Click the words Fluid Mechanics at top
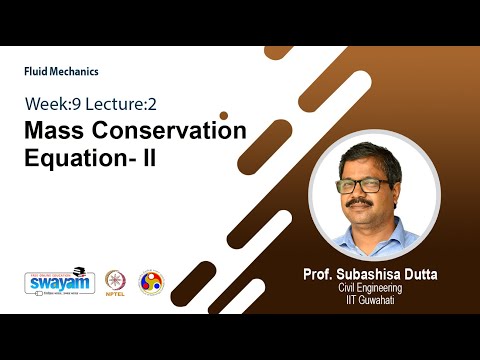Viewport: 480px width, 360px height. click(x=61, y=72)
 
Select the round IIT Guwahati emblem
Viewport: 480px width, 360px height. click(x=150, y=282)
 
